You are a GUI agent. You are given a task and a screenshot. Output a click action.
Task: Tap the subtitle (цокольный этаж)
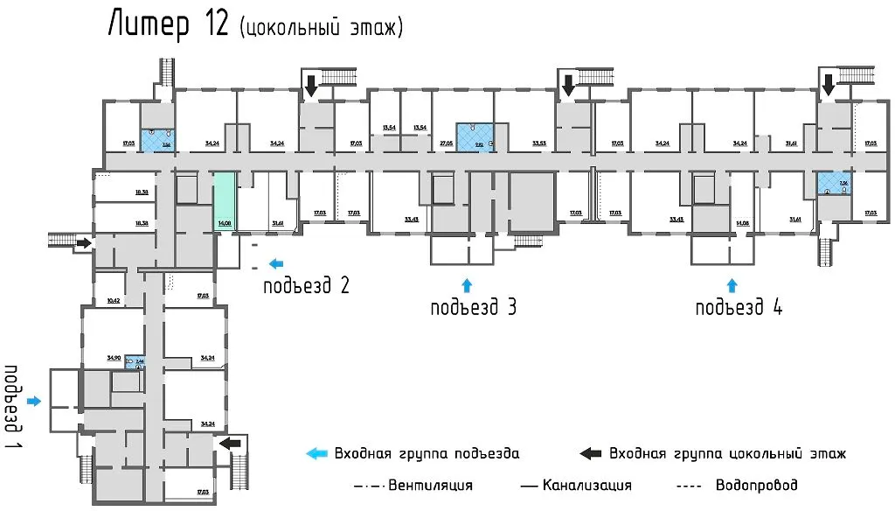click(x=321, y=27)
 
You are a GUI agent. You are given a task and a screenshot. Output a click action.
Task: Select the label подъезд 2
click(x=308, y=285)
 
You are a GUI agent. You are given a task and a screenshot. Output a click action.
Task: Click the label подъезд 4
click(x=739, y=307)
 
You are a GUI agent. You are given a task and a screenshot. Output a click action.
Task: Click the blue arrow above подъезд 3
click(x=466, y=283)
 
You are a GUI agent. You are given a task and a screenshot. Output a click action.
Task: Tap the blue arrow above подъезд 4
click(x=732, y=283)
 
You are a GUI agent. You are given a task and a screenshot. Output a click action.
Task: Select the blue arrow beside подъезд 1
click(x=34, y=401)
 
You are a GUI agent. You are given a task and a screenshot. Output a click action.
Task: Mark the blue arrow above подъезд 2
click(x=276, y=262)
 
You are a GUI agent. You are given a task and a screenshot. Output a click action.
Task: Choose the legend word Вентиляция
click(x=430, y=485)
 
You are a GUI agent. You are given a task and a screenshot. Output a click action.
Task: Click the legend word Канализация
click(x=586, y=485)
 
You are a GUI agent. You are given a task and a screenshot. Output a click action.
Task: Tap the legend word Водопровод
click(x=756, y=485)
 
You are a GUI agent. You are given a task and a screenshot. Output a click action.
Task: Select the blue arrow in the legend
click(x=316, y=453)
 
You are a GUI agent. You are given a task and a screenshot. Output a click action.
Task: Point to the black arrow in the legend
click(x=591, y=453)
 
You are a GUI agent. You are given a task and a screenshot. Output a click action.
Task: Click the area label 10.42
click(x=113, y=299)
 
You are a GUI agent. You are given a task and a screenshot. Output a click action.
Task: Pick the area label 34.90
click(x=113, y=358)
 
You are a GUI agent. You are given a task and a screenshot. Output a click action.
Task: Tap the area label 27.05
click(x=446, y=142)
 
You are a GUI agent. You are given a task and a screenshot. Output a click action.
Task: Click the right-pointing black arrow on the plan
click(x=83, y=242)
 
